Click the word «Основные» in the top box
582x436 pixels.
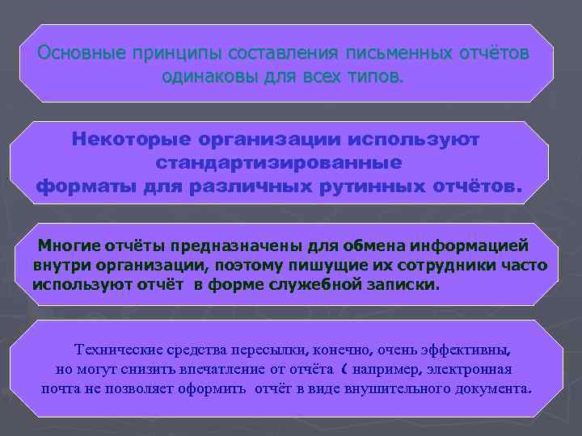[78, 54]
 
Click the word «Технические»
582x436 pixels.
[119, 350]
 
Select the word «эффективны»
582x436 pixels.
[469, 350]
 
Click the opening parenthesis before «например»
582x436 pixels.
[345, 369]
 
